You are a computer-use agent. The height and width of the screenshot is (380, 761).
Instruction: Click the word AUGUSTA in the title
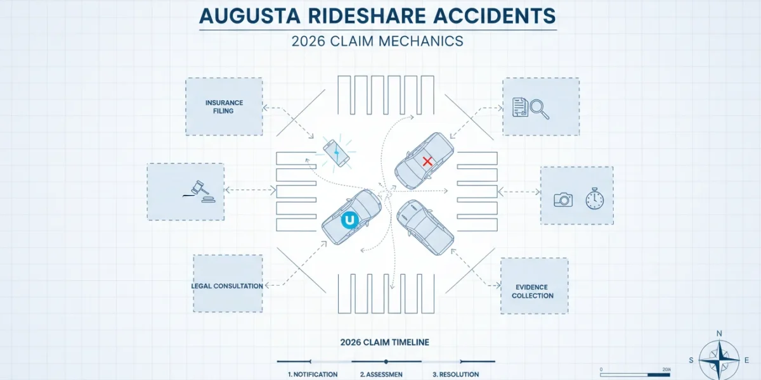(250, 16)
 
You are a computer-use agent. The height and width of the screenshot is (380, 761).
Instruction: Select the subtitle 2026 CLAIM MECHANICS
(377, 41)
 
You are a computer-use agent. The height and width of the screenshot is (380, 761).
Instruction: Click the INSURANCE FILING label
(224, 107)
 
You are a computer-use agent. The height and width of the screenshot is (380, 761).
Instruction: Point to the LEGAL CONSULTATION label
(227, 286)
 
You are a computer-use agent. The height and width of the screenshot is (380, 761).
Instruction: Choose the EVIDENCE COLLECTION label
(532, 291)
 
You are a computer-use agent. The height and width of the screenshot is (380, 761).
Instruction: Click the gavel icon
(199, 192)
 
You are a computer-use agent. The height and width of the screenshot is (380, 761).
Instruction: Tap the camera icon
(563, 200)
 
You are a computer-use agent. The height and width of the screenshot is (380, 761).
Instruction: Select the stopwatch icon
(595, 199)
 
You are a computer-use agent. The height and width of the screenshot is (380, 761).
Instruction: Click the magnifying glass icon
(540, 109)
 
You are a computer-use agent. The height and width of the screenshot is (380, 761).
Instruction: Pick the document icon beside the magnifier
(520, 107)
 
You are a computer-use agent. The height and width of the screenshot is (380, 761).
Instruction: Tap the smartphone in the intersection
(336, 153)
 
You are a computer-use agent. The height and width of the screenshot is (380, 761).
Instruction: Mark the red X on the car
(427, 161)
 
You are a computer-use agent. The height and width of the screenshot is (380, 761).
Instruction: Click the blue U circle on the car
(349, 220)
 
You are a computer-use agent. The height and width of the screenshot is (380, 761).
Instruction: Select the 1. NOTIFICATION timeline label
(313, 374)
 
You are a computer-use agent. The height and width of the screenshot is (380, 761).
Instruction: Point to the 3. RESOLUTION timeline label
(455, 374)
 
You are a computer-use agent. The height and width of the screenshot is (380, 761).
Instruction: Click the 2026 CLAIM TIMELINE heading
(384, 343)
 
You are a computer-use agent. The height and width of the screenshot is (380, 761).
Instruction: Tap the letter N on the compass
(719, 334)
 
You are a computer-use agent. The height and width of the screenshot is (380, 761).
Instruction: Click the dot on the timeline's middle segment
(386, 362)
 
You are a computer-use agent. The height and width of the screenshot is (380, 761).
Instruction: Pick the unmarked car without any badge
(425, 227)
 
